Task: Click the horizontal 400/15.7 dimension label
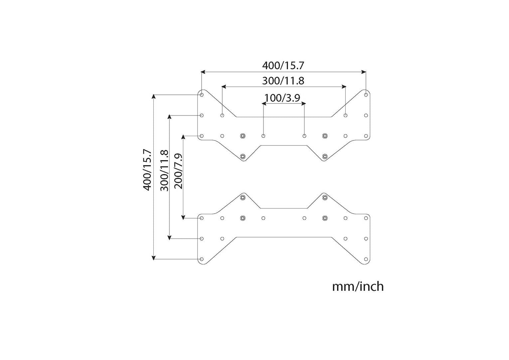283,66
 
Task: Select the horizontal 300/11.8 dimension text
283,81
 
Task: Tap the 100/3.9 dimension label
282,98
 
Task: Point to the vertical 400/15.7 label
147,170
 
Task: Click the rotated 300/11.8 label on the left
164,170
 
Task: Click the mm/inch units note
358,286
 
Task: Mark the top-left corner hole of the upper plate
202,95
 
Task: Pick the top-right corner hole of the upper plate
366,95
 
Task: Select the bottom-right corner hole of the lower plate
366,259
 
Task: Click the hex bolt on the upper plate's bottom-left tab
243,156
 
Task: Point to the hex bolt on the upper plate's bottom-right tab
325,156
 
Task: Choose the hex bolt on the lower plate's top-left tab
243,198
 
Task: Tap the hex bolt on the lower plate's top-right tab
325,198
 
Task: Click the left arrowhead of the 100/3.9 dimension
264,104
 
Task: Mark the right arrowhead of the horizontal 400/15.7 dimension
364,72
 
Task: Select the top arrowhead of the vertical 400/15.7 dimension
153,97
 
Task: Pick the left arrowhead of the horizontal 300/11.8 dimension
224,87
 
